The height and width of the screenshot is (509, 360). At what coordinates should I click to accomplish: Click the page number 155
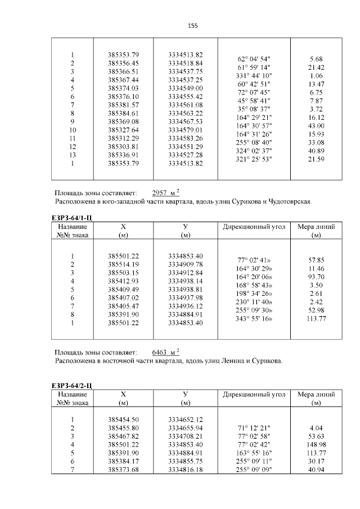point(192,26)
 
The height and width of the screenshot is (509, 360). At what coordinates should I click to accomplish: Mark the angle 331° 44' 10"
point(254,75)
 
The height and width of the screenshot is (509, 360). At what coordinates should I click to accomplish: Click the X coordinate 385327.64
point(123,130)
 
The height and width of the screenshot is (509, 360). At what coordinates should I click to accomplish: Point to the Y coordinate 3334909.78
point(185,264)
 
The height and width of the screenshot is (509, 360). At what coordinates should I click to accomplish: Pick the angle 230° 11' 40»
point(254,302)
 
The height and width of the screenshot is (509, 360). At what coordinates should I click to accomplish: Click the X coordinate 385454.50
point(123,420)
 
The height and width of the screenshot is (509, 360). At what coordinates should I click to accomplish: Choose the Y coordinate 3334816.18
point(185,470)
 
